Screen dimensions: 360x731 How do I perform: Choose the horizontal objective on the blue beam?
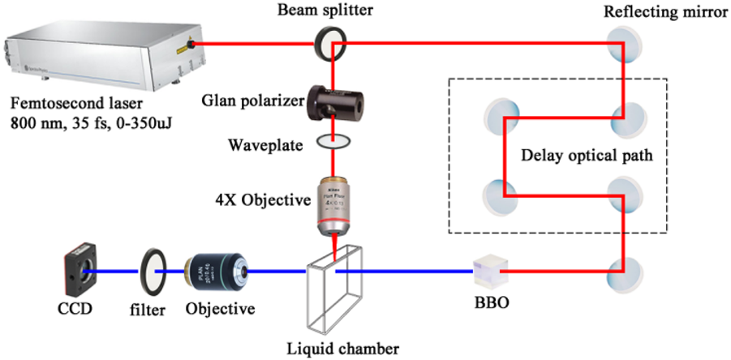(215, 273)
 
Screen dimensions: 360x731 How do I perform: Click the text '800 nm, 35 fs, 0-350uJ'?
(93, 125)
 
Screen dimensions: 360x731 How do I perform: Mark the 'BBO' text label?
(492, 309)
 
